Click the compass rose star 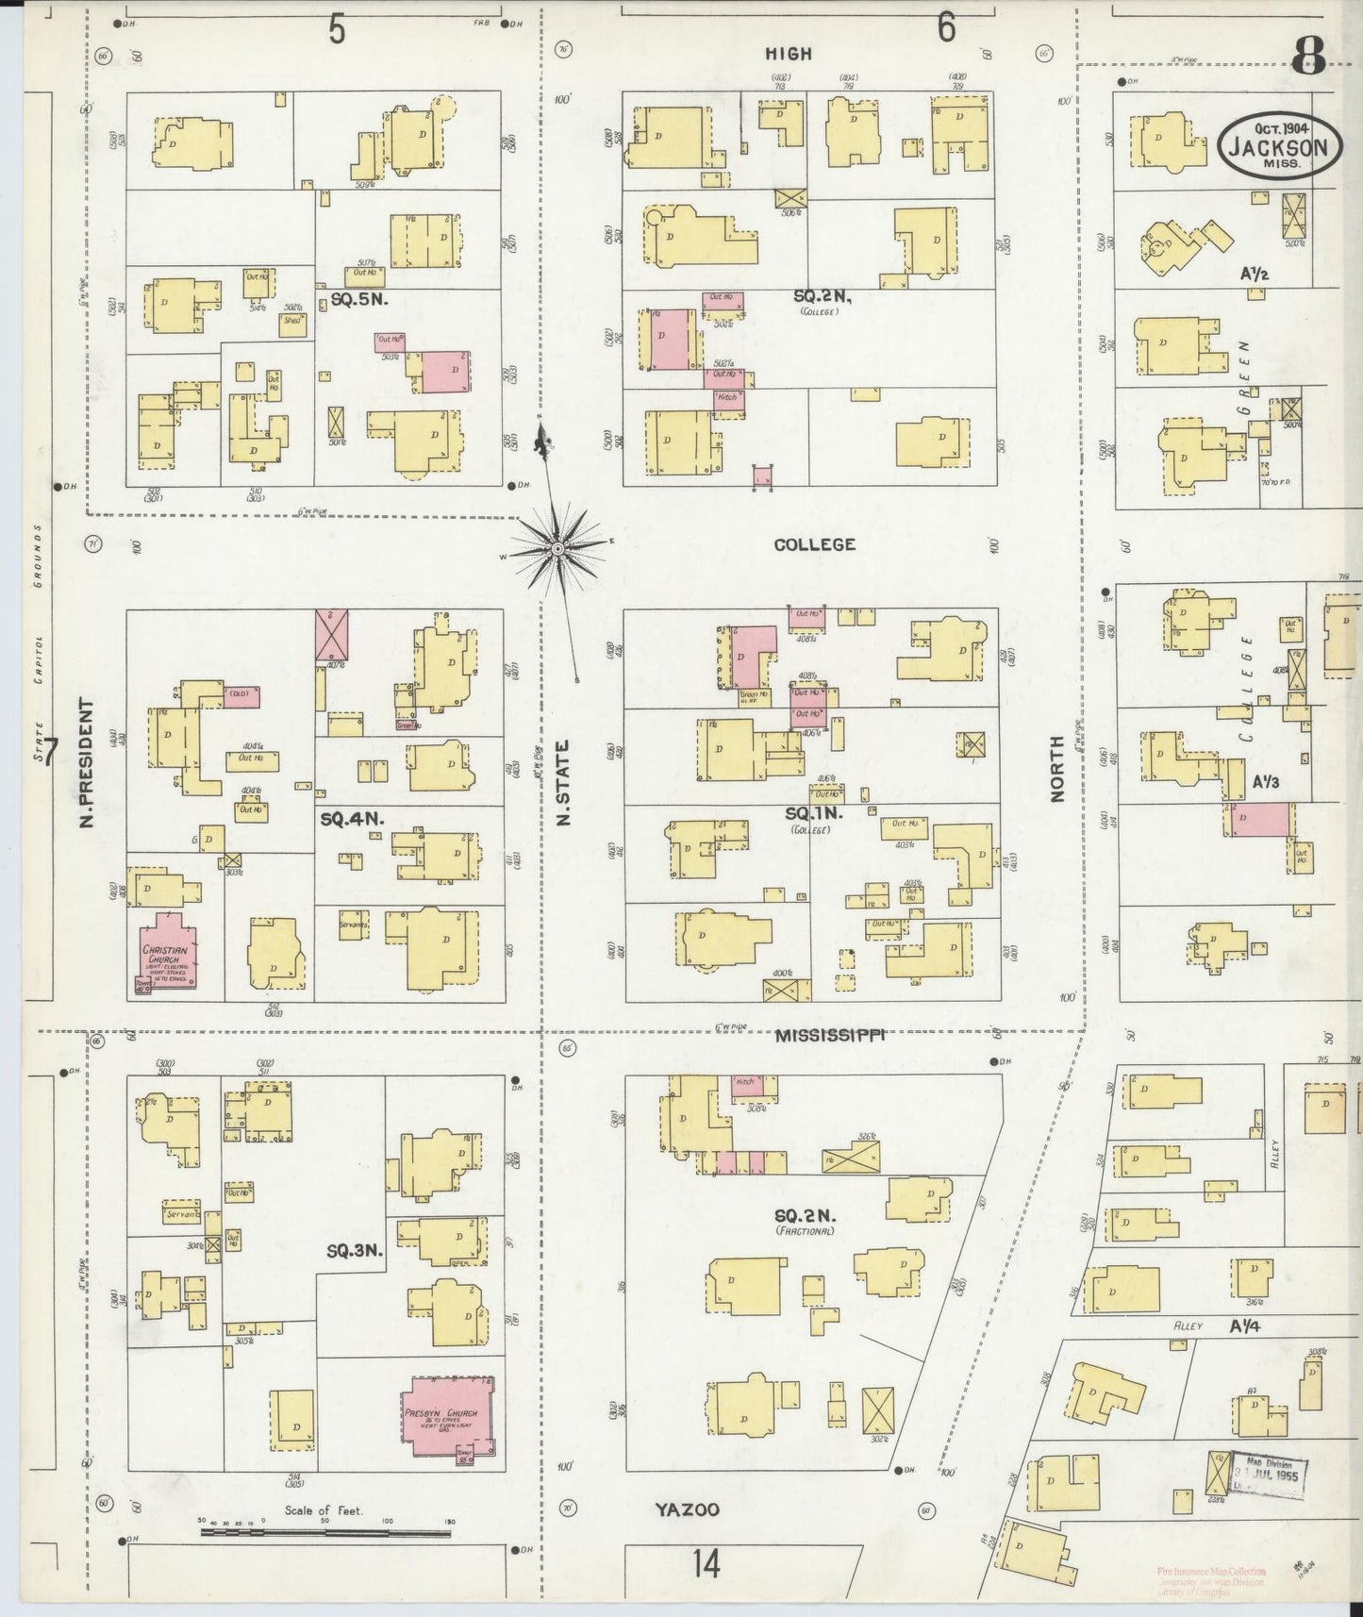[x=557, y=548]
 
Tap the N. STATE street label [x=563, y=782]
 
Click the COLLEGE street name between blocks [x=814, y=544]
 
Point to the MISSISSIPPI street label [x=830, y=1036]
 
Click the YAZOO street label [x=687, y=1510]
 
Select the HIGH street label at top [x=789, y=55]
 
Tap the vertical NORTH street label [x=1056, y=769]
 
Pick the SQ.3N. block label [x=354, y=1251]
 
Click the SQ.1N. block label [x=813, y=812]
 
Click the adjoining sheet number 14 [x=705, y=1564]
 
